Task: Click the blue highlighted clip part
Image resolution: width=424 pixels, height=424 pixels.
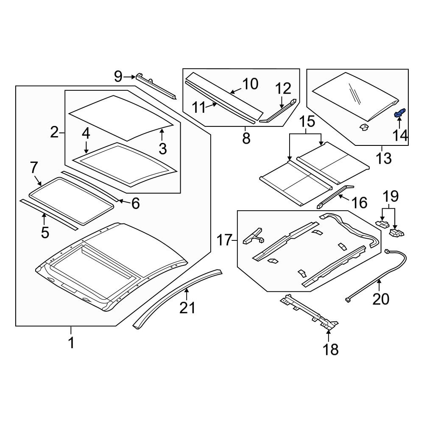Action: pyautogui.click(x=400, y=113)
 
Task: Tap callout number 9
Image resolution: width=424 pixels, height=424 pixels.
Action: pyautogui.click(x=118, y=77)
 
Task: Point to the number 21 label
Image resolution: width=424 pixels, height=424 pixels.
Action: pyautogui.click(x=187, y=307)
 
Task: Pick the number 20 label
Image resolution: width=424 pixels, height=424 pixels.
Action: pyautogui.click(x=380, y=299)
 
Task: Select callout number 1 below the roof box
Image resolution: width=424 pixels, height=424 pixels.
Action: pyautogui.click(x=71, y=343)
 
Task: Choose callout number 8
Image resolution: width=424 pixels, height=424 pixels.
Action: pyautogui.click(x=246, y=138)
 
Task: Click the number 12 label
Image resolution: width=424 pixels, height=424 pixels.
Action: pyautogui.click(x=283, y=89)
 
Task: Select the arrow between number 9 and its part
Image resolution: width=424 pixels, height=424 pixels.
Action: pyautogui.click(x=129, y=77)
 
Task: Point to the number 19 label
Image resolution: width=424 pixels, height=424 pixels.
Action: pyautogui.click(x=391, y=196)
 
